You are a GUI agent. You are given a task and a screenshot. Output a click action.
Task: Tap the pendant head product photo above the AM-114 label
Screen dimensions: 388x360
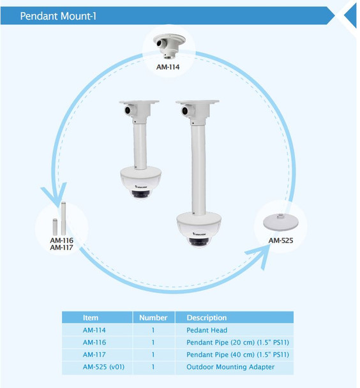pos(169,45)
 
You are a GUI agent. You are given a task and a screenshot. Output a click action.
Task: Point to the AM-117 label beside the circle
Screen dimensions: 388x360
pos(61,248)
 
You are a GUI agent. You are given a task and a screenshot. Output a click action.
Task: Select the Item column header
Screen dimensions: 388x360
pos(91,317)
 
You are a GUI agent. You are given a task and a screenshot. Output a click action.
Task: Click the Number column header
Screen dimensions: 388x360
pos(153,317)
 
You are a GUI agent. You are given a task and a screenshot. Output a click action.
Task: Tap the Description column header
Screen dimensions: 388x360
pos(206,317)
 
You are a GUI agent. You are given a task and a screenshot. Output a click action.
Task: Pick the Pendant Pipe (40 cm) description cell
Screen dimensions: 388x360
pos(236,354)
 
